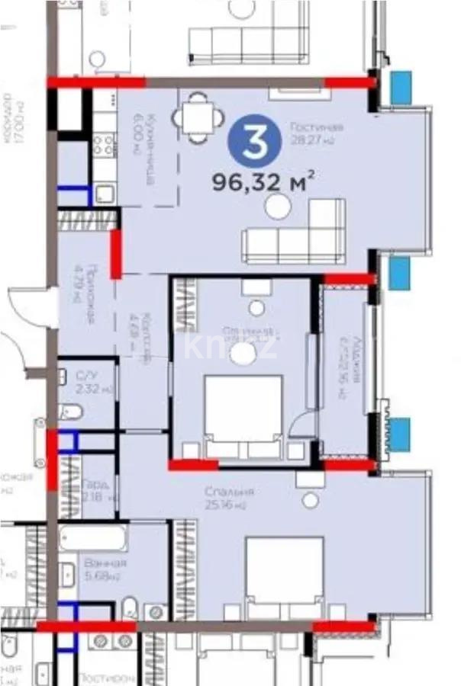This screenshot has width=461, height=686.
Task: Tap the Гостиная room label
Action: coord(316,133)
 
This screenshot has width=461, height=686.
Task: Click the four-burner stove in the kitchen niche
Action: coord(105,144)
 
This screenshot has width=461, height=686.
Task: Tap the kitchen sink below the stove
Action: coord(105,193)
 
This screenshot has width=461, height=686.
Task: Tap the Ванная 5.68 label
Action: coord(104,569)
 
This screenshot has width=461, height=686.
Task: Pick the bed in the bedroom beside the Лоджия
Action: coord(243,415)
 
